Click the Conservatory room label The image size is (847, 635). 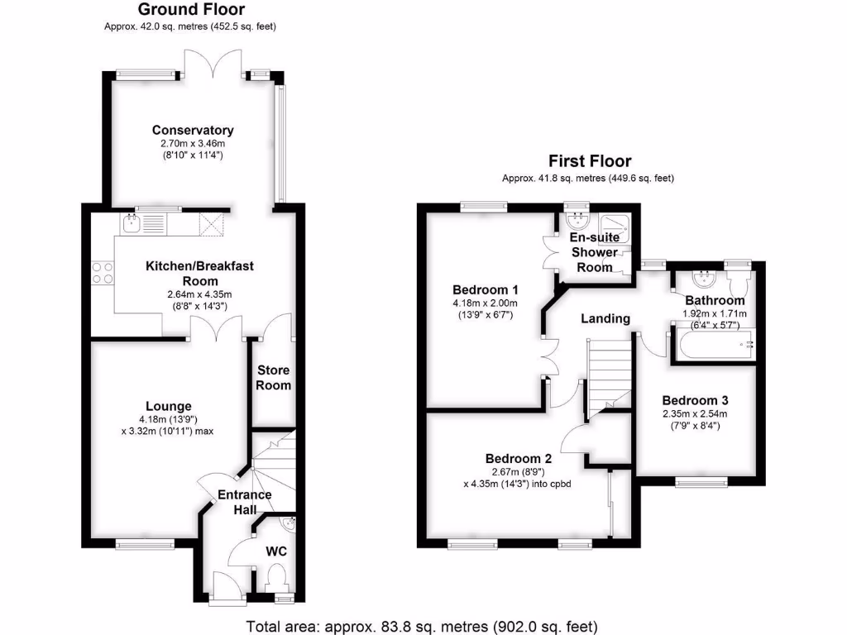point(193,130)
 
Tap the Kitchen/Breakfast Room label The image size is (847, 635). point(199,273)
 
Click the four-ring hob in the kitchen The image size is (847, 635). point(103,273)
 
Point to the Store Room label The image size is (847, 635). point(274,377)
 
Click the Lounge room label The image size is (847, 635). point(169,406)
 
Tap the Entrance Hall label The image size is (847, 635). point(244,503)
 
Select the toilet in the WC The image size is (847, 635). point(276,578)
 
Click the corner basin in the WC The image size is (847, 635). point(287,522)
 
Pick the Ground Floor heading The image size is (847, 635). point(191,10)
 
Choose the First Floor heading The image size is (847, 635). point(590,161)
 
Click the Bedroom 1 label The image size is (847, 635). point(486,290)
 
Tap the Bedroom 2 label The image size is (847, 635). point(519,458)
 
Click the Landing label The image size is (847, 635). point(605,318)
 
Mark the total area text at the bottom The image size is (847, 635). point(422,626)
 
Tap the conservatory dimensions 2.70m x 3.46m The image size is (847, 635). point(193,143)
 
